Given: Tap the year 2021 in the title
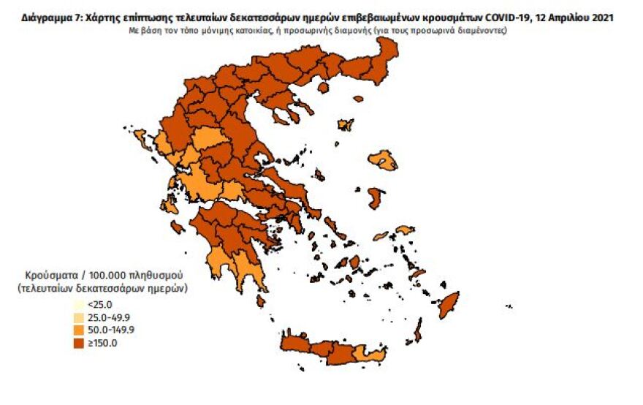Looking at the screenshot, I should coord(603,18).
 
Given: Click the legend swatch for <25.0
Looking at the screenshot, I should coord(77,304).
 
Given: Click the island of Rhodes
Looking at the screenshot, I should coord(448,305).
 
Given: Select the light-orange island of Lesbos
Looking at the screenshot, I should coord(382,160).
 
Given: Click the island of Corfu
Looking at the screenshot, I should coord(155,154).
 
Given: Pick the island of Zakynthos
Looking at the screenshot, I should coord(177,227).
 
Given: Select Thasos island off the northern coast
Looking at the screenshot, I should coord(346,125).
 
